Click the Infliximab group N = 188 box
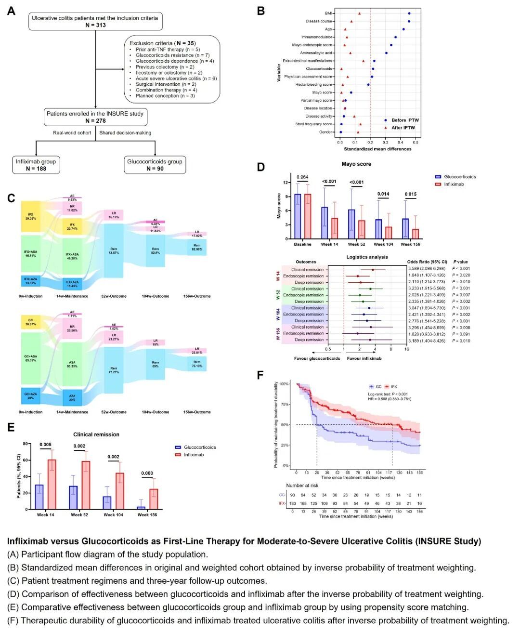36,165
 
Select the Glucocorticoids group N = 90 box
155,165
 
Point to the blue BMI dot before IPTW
409,13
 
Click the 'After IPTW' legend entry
403,128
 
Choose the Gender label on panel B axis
325,132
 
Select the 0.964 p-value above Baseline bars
302,177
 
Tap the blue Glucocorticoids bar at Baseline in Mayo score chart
298,216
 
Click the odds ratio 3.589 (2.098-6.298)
427,269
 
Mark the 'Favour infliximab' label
364,358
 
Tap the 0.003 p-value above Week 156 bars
147,473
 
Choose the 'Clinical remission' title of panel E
96,434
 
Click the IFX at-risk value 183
293,504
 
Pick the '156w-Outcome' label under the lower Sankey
197,412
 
